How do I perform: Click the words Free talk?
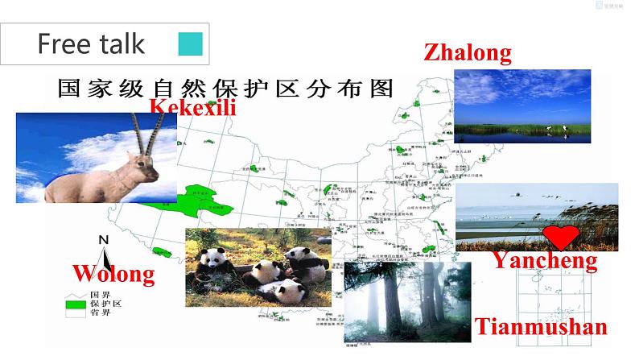[x=91, y=43]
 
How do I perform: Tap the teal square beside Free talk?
[x=190, y=43]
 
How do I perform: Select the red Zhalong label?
[x=467, y=53]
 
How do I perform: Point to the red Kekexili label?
[x=193, y=106]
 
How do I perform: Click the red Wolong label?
[x=113, y=274]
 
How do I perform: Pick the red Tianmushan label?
[x=540, y=327]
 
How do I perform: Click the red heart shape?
[x=561, y=237]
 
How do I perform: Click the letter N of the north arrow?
[x=103, y=239]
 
